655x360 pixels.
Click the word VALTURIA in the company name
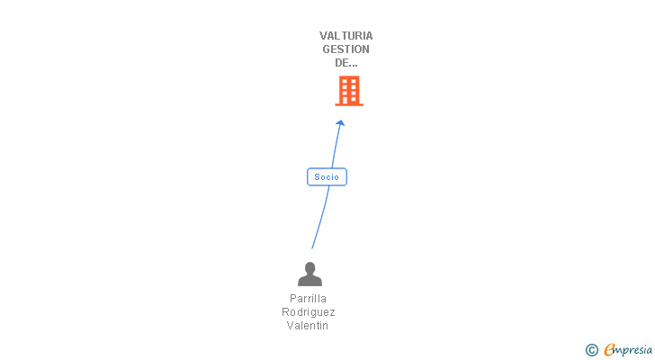pyautogui.click(x=345, y=36)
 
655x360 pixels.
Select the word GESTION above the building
pyautogui.click(x=345, y=49)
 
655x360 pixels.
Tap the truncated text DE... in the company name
pyautogui.click(x=340, y=63)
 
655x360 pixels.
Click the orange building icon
pyautogui.click(x=349, y=90)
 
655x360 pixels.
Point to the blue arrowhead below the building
pyautogui.click(x=341, y=123)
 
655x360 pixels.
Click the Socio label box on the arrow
pyautogui.click(x=327, y=177)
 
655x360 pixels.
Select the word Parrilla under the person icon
pyautogui.click(x=308, y=298)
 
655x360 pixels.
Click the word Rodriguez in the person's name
pyautogui.click(x=308, y=311)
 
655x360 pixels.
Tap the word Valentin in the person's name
pyautogui.click(x=308, y=325)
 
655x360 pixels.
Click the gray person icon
pyautogui.click(x=310, y=274)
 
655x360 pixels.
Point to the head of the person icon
pyautogui.click(x=310, y=267)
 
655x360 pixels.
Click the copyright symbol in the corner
pyautogui.click(x=591, y=350)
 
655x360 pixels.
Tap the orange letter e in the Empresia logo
pyautogui.click(x=609, y=350)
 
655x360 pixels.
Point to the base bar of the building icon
pyautogui.click(x=349, y=103)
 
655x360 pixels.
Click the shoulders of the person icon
pyautogui.click(x=310, y=281)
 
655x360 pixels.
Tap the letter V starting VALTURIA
pyautogui.click(x=323, y=36)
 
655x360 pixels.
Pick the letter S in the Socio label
pyautogui.click(x=317, y=177)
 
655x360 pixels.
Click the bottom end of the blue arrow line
pyautogui.click(x=312, y=247)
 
